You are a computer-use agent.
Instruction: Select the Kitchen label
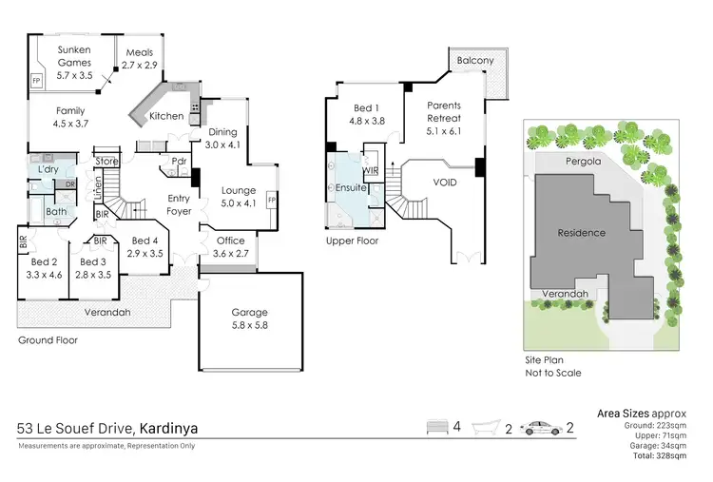point(166,116)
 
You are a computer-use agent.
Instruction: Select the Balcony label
point(475,60)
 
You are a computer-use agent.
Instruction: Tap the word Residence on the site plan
point(581,232)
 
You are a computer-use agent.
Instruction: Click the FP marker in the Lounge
point(272,202)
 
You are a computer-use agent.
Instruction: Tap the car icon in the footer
point(543,427)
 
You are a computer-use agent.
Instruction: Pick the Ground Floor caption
point(48,339)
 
